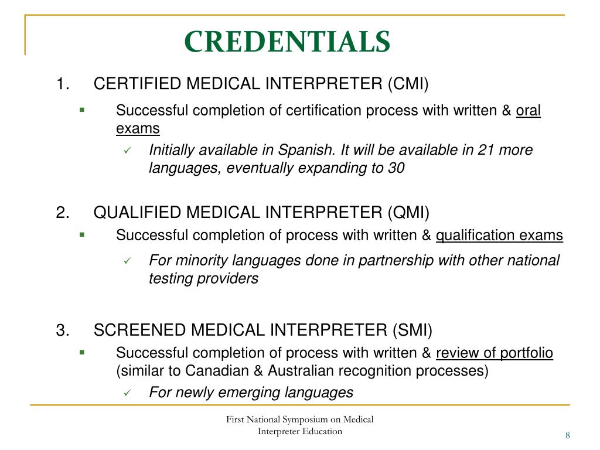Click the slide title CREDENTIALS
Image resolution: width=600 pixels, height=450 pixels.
pyautogui.click(x=287, y=41)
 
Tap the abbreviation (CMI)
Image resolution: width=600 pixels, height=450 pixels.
pyautogui.click(x=408, y=84)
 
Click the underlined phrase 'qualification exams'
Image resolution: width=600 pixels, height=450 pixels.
pyautogui.click(x=499, y=236)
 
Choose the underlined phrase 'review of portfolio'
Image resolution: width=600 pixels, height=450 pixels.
pyautogui.click(x=495, y=353)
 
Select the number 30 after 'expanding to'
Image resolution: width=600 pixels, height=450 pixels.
pyautogui.click(x=396, y=168)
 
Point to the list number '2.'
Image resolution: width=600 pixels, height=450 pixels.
pyautogui.click(x=64, y=212)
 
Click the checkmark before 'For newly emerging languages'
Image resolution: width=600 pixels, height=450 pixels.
pyautogui.click(x=127, y=393)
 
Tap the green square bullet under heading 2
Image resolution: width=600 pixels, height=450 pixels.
pyautogui.click(x=82, y=234)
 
